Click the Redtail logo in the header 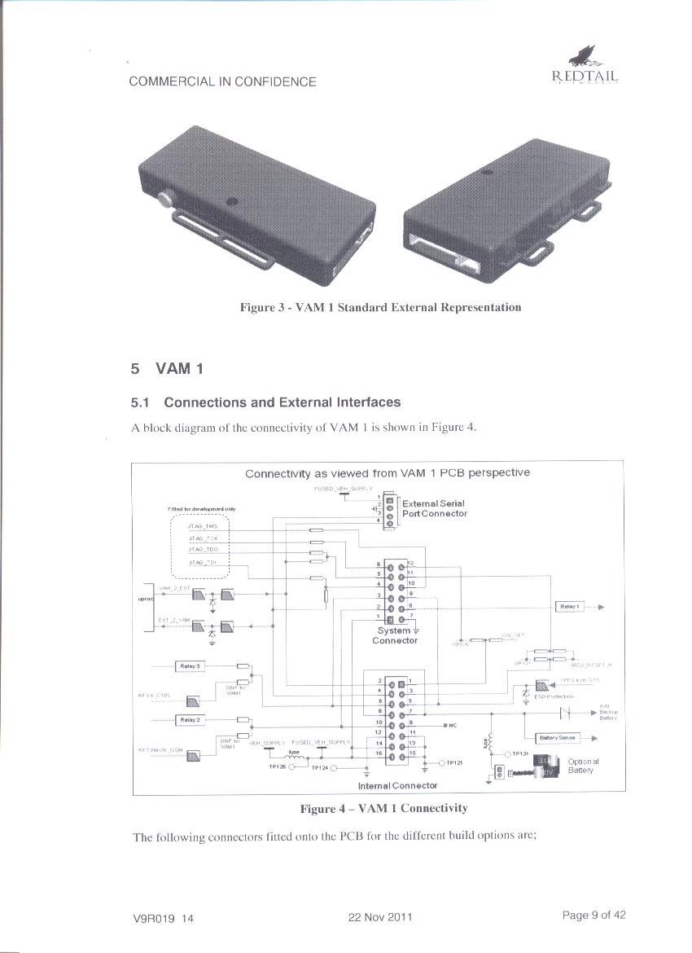click(x=585, y=68)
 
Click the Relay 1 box click(x=569, y=607)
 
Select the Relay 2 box click(x=190, y=720)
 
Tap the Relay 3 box click(x=190, y=666)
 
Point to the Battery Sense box click(x=558, y=738)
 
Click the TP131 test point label click(x=522, y=754)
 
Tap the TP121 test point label click(x=454, y=763)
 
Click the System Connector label click(x=394, y=635)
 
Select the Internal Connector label click(x=397, y=786)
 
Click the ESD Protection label click(x=556, y=696)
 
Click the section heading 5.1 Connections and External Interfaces click(x=265, y=402)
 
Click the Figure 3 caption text click(x=380, y=307)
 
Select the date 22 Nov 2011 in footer click(x=380, y=917)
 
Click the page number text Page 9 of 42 click(x=593, y=915)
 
